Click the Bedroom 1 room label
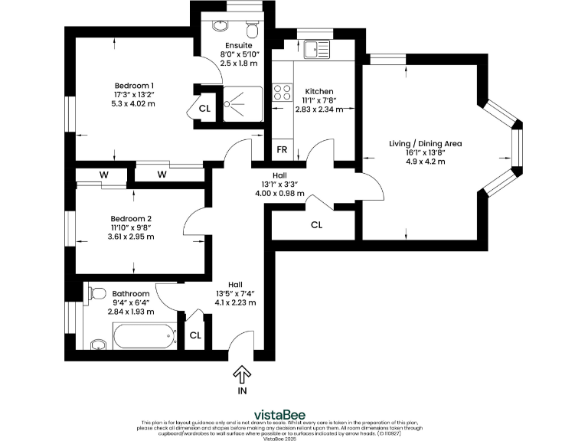pos(134,85)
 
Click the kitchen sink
pos(315,50)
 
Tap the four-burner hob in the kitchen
pos(282,93)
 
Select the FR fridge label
pos(282,149)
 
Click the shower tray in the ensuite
pos(241,104)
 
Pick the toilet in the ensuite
pos(252,30)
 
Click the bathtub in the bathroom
pos(143,336)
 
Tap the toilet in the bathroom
pos(95,294)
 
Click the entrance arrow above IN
pos(242,374)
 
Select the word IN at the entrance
pos(242,390)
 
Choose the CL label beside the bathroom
pos(195,335)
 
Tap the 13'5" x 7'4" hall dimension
pos(235,302)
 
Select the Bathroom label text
pos(131,293)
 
